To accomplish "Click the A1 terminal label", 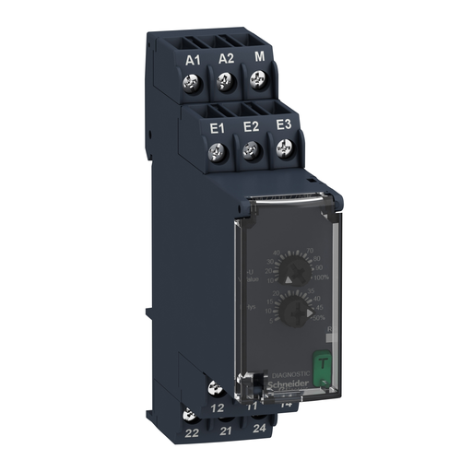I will tap(193, 60).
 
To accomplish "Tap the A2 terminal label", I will tap(225, 60).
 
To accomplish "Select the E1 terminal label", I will tap(218, 127).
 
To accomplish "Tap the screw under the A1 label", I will tap(193, 84).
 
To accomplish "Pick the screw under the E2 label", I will tap(250, 148).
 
